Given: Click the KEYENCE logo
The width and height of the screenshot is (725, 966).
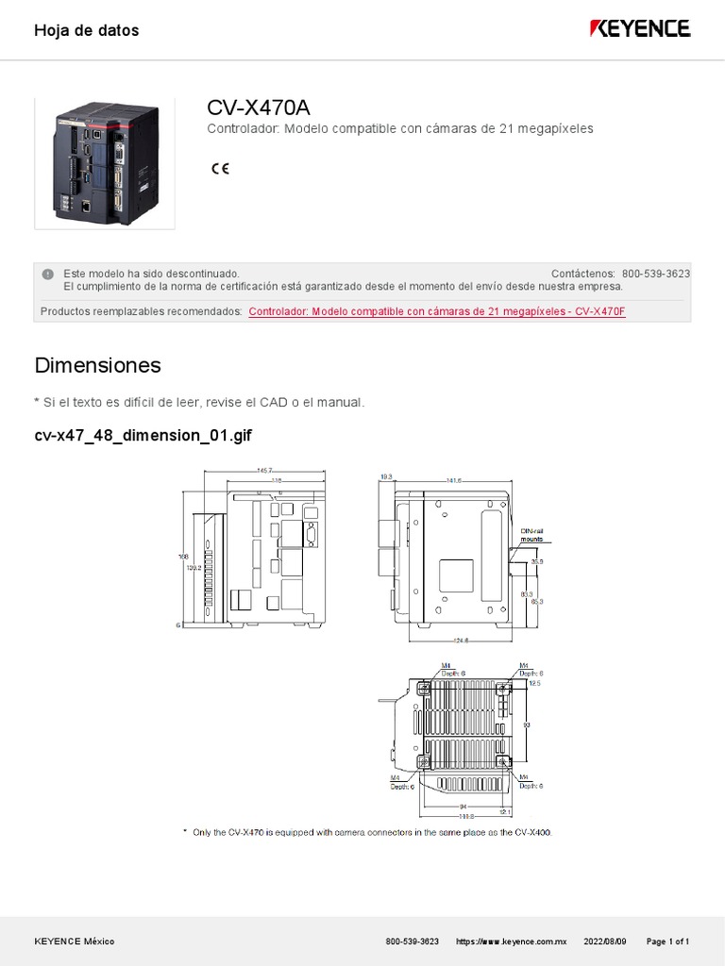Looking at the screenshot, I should (640, 29).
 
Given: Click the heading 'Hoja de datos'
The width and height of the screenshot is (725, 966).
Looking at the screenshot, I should (86, 30).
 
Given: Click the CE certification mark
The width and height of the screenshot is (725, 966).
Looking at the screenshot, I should (220, 169).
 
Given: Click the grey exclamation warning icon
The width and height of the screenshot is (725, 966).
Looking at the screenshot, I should (47, 274).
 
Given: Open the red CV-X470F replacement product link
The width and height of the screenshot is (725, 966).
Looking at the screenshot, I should (437, 311).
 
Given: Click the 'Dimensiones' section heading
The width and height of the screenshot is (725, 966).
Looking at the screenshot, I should (97, 365).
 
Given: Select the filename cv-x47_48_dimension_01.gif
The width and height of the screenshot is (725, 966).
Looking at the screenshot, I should (143, 436).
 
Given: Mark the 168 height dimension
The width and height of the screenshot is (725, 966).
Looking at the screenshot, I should (184, 557).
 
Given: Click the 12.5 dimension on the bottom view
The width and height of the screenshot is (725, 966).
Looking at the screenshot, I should (535, 683).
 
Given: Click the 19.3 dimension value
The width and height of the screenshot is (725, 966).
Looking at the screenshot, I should (385, 476).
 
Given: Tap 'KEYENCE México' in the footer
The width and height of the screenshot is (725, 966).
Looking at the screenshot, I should (75, 941).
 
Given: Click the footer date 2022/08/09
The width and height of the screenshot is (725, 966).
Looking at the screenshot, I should (605, 941).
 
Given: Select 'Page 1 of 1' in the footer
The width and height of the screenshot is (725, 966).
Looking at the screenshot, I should (667, 941).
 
